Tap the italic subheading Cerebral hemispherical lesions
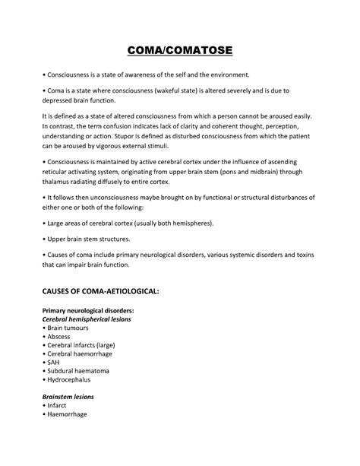click(88, 320)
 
